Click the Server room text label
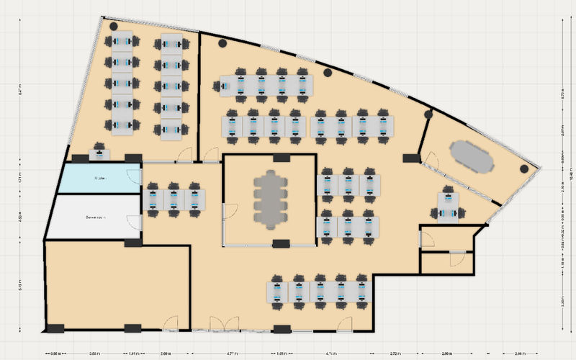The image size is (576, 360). pyautogui.click(x=96, y=217)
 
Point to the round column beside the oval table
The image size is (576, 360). pyautogui.click(x=524, y=168)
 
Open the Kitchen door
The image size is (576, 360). pyautogui.click(x=134, y=176)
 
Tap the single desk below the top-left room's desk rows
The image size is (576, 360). pyautogui.click(x=99, y=153)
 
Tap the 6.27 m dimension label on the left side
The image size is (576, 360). pyautogui.click(x=20, y=90)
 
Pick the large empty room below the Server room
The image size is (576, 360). pyautogui.click(x=117, y=286)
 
